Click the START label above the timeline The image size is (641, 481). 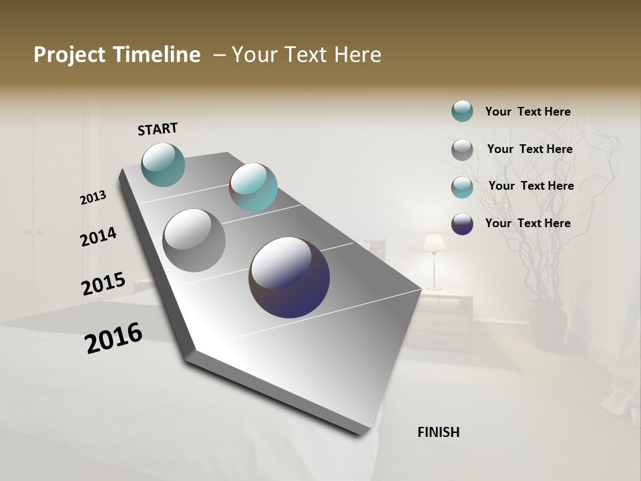[158, 129]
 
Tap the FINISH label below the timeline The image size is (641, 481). [438, 432]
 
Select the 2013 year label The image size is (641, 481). [93, 198]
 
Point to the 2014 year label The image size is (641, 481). [99, 237]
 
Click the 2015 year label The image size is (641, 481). [103, 284]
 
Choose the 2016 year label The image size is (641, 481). [114, 338]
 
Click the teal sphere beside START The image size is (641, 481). [163, 164]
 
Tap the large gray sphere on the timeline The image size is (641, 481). [194, 240]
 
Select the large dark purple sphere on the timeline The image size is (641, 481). [289, 277]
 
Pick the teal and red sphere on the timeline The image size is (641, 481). [254, 187]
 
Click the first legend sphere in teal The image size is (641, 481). [462, 111]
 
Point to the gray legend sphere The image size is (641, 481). [462, 150]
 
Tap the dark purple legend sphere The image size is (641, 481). [462, 224]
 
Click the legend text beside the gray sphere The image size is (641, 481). [529, 149]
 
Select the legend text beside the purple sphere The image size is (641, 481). [527, 223]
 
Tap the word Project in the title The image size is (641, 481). [69, 55]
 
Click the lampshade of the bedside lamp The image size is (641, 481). [435, 243]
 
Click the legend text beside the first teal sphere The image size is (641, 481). [527, 112]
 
